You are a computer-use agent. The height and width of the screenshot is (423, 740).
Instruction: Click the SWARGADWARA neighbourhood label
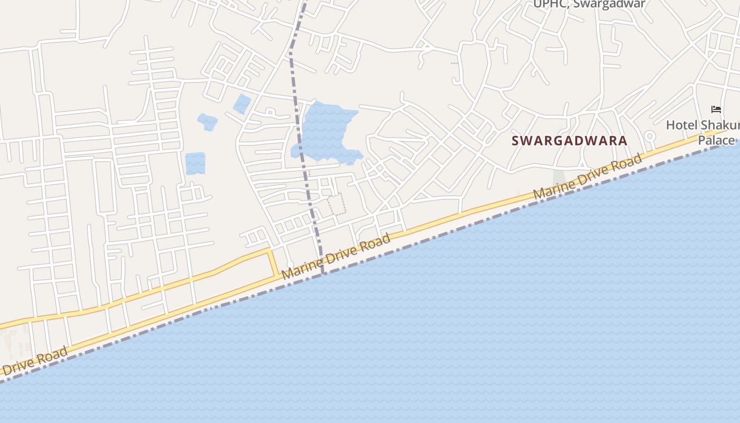pyautogui.click(x=569, y=141)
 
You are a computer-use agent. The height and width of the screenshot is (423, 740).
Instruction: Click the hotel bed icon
pyautogui.click(x=716, y=109)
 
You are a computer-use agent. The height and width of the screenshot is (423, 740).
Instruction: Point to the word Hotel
pyautogui.click(x=682, y=125)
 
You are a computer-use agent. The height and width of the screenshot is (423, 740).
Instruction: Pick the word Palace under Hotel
pyautogui.click(x=716, y=140)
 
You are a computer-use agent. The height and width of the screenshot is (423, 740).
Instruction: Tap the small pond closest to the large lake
pyautogui.click(x=242, y=104)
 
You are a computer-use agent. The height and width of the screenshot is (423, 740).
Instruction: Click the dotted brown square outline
pyautogui.click(x=336, y=204)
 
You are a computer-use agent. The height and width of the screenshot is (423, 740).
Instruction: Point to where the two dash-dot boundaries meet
pyautogui.click(x=323, y=273)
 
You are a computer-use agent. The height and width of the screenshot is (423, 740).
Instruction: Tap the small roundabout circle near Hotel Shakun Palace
pyautogui.click(x=650, y=136)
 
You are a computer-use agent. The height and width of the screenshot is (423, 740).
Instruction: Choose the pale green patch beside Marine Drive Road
pyautogui.click(x=558, y=178)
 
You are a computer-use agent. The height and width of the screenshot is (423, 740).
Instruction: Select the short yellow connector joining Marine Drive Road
pyautogui.click(x=274, y=262)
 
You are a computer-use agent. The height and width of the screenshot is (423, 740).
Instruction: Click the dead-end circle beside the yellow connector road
pyautogui.click(x=289, y=264)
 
